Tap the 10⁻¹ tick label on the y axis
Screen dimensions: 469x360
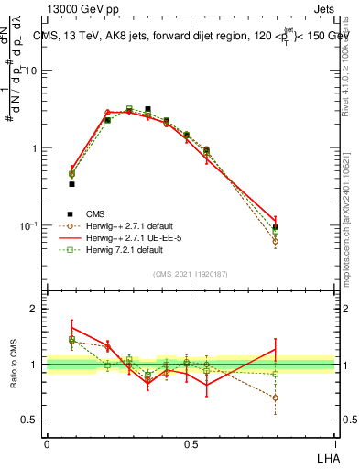tap(30, 224)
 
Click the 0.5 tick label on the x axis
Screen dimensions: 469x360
tap(190, 442)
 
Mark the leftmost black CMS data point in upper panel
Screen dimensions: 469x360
tap(71, 184)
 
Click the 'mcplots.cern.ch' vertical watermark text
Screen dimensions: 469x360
tap(351, 234)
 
